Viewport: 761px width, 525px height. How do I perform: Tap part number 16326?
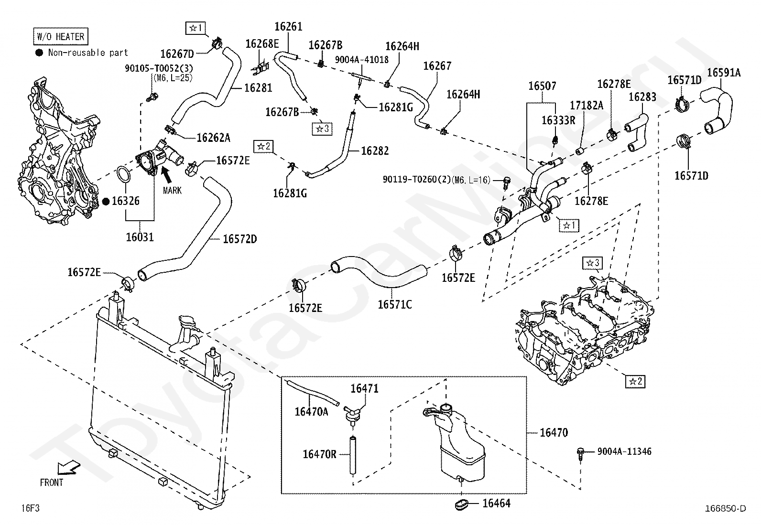tap(125, 201)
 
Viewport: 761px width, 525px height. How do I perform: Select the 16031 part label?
tap(140, 236)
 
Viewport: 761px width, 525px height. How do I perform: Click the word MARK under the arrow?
tap(172, 191)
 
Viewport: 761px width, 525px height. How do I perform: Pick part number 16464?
tap(496, 503)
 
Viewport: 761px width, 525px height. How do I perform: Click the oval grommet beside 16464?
tap(463, 504)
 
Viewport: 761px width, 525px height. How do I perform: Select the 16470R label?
tap(319, 454)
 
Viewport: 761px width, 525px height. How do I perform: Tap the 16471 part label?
tap(364, 388)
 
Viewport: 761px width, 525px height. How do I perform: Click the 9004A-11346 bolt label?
tap(624, 451)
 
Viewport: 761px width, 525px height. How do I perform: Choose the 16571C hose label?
tap(394, 304)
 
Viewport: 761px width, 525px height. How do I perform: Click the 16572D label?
tap(239, 239)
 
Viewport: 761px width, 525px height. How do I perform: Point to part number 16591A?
tap(723, 73)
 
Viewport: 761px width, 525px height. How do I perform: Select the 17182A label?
tap(587, 106)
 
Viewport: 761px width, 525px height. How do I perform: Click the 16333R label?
tap(558, 120)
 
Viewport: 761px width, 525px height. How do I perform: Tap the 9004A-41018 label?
tap(361, 60)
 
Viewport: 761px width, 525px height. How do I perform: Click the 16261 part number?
tap(288, 27)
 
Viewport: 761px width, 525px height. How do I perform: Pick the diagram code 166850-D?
tap(725, 508)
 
